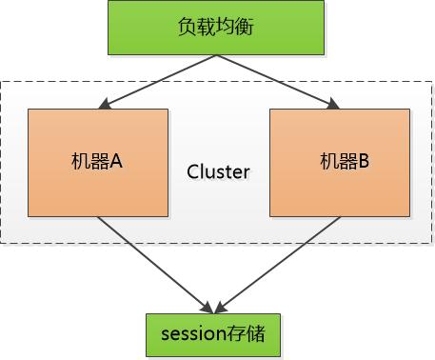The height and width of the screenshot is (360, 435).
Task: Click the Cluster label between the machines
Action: click(x=218, y=172)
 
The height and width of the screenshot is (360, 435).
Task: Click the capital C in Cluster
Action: click(x=192, y=172)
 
